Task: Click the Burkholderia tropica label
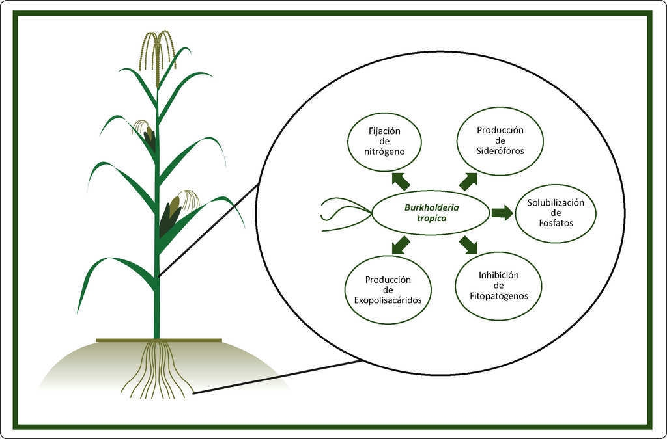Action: pyautogui.click(x=431, y=213)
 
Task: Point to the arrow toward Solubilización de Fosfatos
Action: pyautogui.click(x=502, y=212)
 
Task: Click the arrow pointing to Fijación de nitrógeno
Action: pyautogui.click(x=401, y=181)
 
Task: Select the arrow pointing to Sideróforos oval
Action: pyautogui.click(x=468, y=181)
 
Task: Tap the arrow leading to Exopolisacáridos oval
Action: pyautogui.click(x=401, y=245)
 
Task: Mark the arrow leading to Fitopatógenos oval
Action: pyautogui.click(x=468, y=245)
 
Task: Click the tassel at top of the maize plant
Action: pyautogui.click(x=157, y=55)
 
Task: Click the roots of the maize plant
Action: pyautogui.click(x=158, y=369)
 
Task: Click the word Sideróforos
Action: pyautogui.click(x=500, y=151)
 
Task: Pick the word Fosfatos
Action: pyautogui.click(x=556, y=223)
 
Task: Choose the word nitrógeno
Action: pyautogui.click(x=384, y=152)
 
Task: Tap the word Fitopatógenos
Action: pyautogui.click(x=498, y=296)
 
